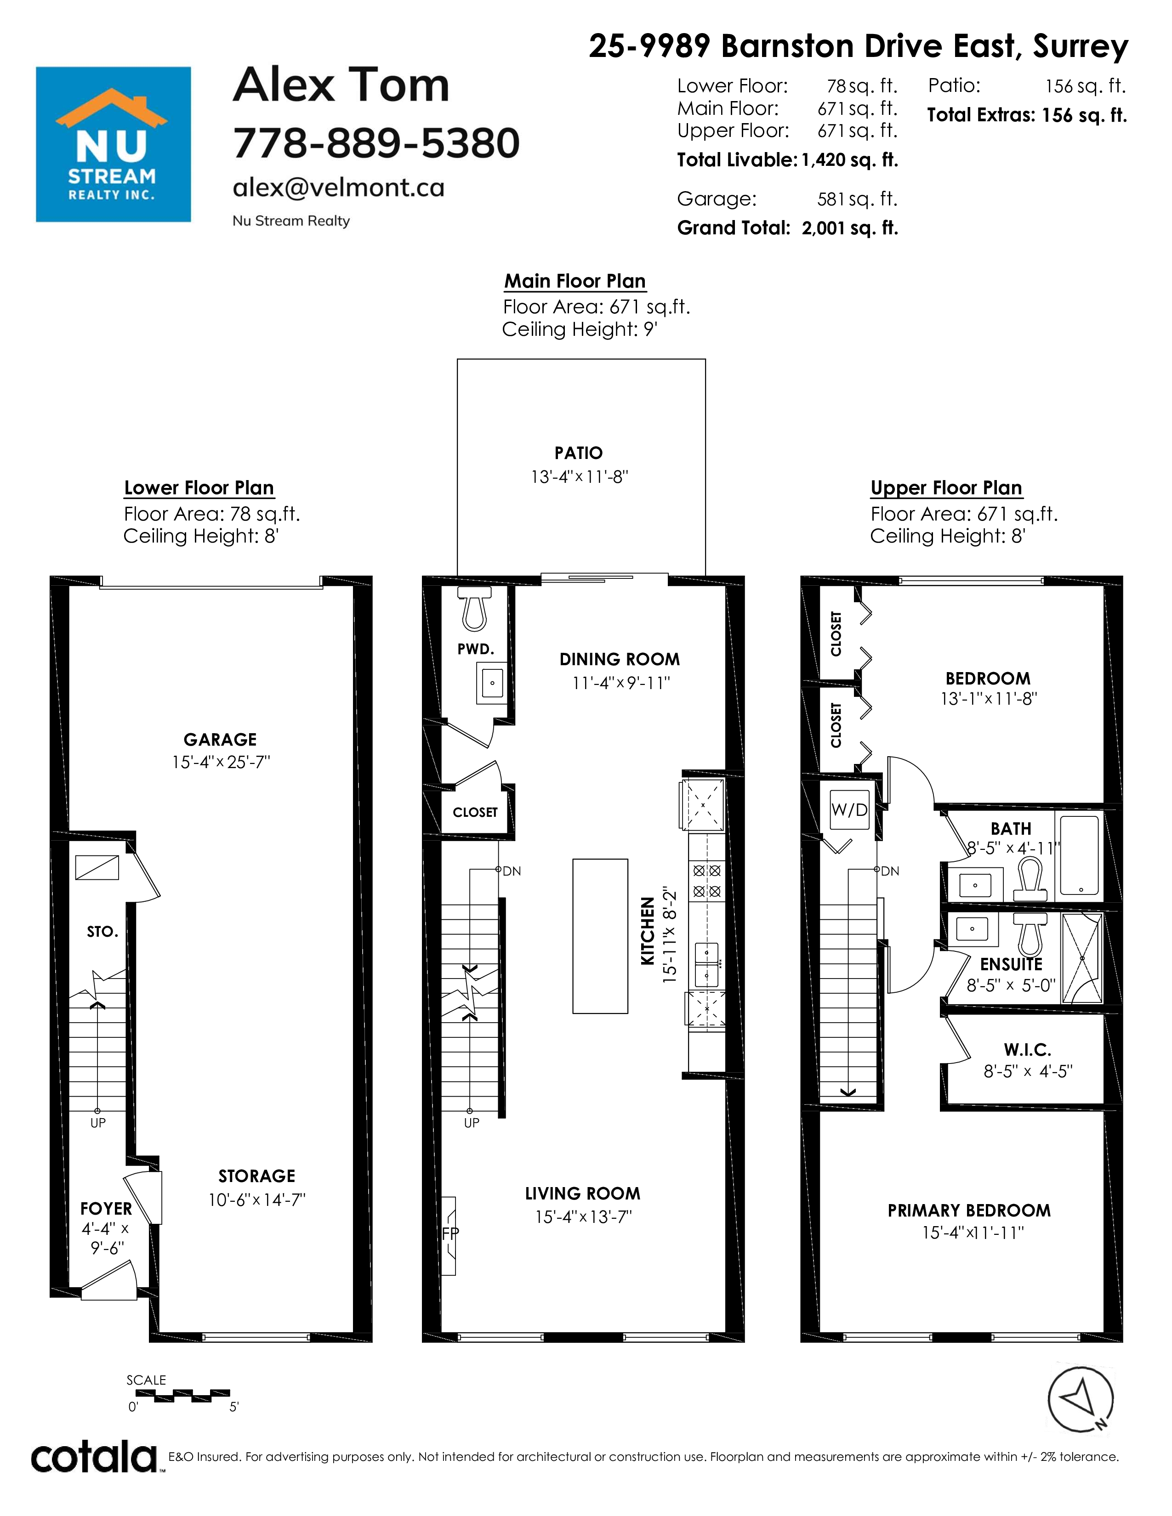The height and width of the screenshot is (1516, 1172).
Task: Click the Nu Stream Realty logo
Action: [113, 144]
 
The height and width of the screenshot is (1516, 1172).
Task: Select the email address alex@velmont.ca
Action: [338, 187]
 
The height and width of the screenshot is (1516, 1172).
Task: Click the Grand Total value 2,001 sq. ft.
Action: [850, 228]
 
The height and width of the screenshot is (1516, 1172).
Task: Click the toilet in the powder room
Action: [474, 609]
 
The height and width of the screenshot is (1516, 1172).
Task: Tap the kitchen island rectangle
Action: [600, 936]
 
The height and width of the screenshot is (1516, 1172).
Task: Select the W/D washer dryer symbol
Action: [850, 809]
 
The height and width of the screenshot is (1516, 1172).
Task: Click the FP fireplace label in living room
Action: [450, 1233]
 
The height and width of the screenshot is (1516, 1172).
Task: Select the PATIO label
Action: [578, 453]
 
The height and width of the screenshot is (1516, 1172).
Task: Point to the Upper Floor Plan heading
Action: [946, 488]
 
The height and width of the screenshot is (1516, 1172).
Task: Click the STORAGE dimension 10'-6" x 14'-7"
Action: [257, 1199]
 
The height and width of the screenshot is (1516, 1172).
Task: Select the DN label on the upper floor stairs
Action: [890, 871]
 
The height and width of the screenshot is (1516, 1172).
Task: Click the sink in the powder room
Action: [492, 682]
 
